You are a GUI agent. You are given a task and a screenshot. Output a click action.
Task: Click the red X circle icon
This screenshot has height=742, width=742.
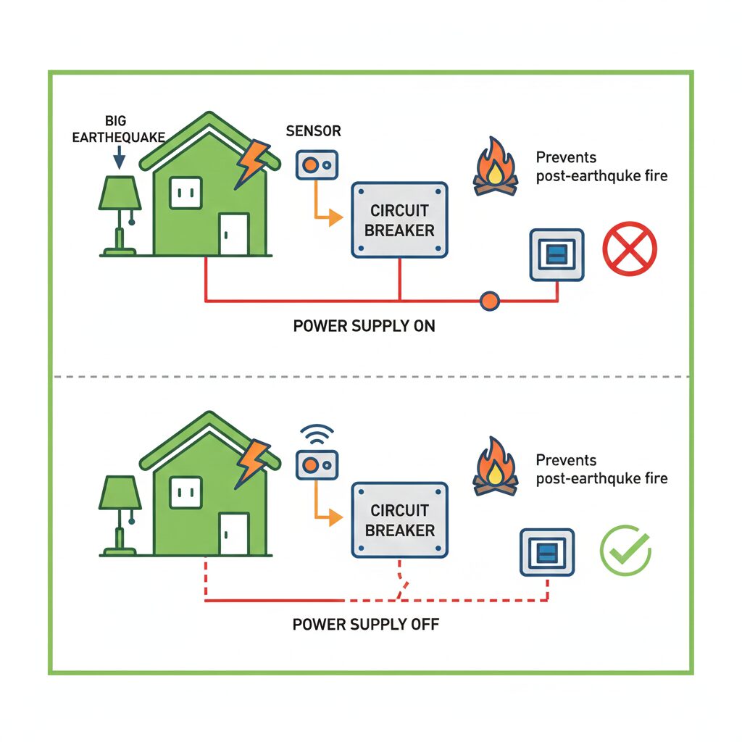(630, 249)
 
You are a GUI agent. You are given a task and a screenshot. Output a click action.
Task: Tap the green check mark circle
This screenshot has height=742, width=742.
(626, 550)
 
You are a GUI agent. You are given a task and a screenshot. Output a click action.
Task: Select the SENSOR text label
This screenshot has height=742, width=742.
(313, 131)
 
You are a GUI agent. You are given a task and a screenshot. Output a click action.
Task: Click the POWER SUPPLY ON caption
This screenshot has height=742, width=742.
(364, 326)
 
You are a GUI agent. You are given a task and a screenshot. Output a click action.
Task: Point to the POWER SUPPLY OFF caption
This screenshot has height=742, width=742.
(365, 623)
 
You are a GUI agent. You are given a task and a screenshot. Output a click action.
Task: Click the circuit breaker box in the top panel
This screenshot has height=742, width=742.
(399, 220)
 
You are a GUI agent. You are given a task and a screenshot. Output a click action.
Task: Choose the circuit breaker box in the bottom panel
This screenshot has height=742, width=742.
(399, 520)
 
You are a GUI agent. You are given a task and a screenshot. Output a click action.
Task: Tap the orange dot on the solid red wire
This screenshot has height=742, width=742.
(490, 300)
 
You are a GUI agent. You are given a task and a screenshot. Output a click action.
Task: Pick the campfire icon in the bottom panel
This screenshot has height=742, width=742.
(496, 469)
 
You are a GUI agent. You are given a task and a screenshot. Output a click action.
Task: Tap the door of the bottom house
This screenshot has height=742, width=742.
(234, 533)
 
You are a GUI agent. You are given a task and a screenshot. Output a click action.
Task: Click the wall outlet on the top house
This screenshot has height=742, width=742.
(184, 192)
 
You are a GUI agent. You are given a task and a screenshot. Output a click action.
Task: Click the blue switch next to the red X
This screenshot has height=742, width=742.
(556, 254)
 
